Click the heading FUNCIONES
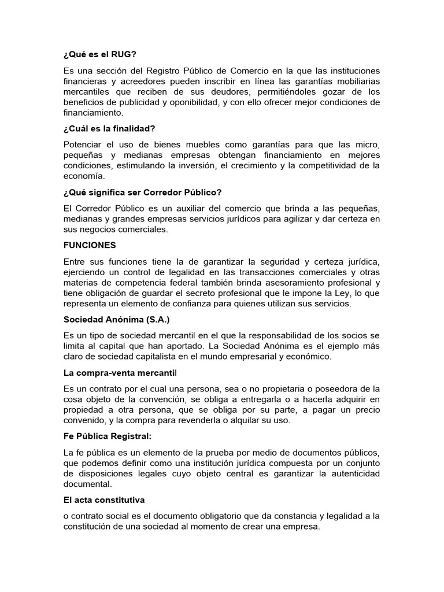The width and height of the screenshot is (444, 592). (90, 245)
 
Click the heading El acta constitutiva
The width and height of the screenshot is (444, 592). (104, 500)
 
